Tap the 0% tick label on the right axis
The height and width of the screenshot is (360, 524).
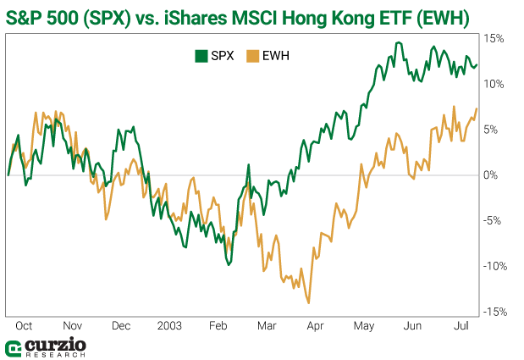492,175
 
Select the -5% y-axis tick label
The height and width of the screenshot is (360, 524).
493,221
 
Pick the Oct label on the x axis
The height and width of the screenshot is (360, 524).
24,325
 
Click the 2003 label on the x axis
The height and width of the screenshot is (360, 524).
169,325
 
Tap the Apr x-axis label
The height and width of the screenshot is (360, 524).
316,325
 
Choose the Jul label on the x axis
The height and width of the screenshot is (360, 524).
462,325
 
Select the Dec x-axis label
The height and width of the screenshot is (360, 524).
121,325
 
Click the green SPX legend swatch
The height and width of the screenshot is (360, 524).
201,56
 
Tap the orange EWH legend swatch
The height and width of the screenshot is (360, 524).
251,56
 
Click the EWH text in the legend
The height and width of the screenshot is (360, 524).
275,56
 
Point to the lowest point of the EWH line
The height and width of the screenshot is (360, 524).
309,302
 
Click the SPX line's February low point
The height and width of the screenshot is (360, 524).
229,264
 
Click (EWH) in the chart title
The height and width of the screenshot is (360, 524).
437,16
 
